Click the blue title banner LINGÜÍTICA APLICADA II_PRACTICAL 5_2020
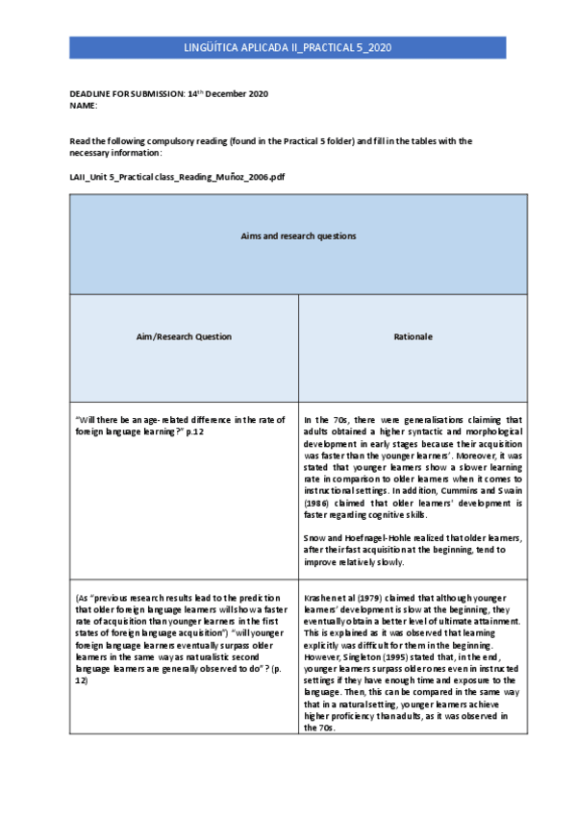coord(288,47)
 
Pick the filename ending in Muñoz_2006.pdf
coord(178,178)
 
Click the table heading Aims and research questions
coord(299,235)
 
